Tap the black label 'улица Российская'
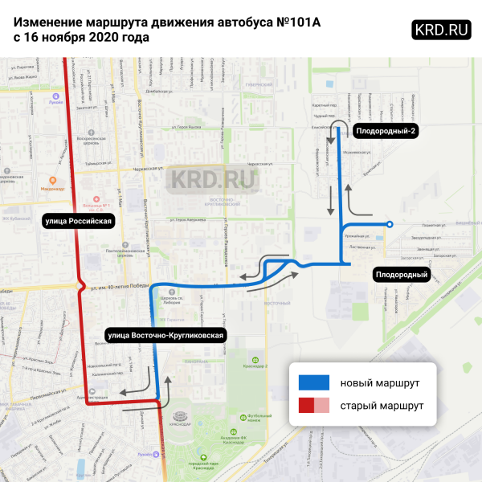click(78, 219)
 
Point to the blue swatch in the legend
click(313, 381)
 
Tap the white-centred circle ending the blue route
click(390, 224)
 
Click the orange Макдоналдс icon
click(53, 179)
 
